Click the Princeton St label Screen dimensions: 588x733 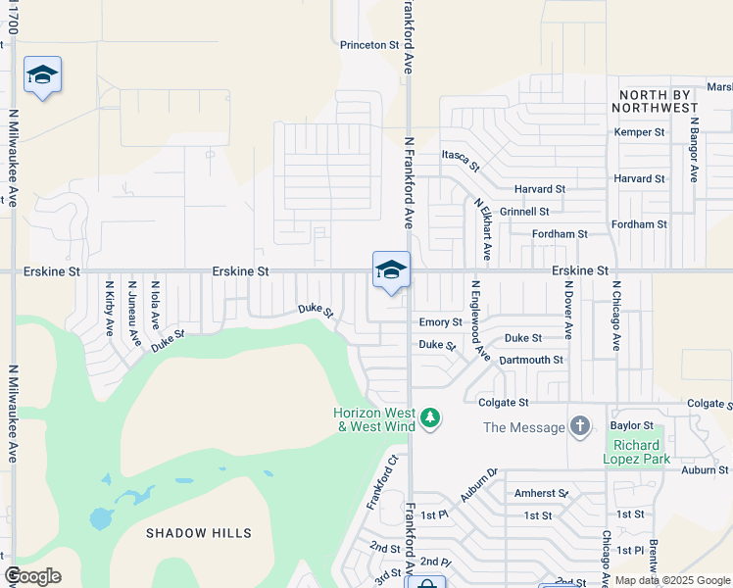tap(369, 45)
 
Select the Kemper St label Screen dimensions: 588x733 tap(639, 132)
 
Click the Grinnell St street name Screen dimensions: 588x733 tap(524, 212)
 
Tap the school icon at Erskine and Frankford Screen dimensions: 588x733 tap(391, 269)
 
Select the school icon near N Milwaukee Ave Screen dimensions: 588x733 tap(42, 74)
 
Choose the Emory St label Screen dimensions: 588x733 tap(440, 322)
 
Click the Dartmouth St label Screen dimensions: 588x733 tap(531, 360)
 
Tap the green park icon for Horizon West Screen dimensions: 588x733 tap(429, 419)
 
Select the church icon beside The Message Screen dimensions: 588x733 tap(580, 426)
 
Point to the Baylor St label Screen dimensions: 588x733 tap(632, 425)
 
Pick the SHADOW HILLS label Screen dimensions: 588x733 tap(199, 533)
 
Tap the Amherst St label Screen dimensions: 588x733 tap(541, 493)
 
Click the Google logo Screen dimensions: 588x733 tap(32, 576)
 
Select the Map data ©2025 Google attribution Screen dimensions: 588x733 tap(672, 580)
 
